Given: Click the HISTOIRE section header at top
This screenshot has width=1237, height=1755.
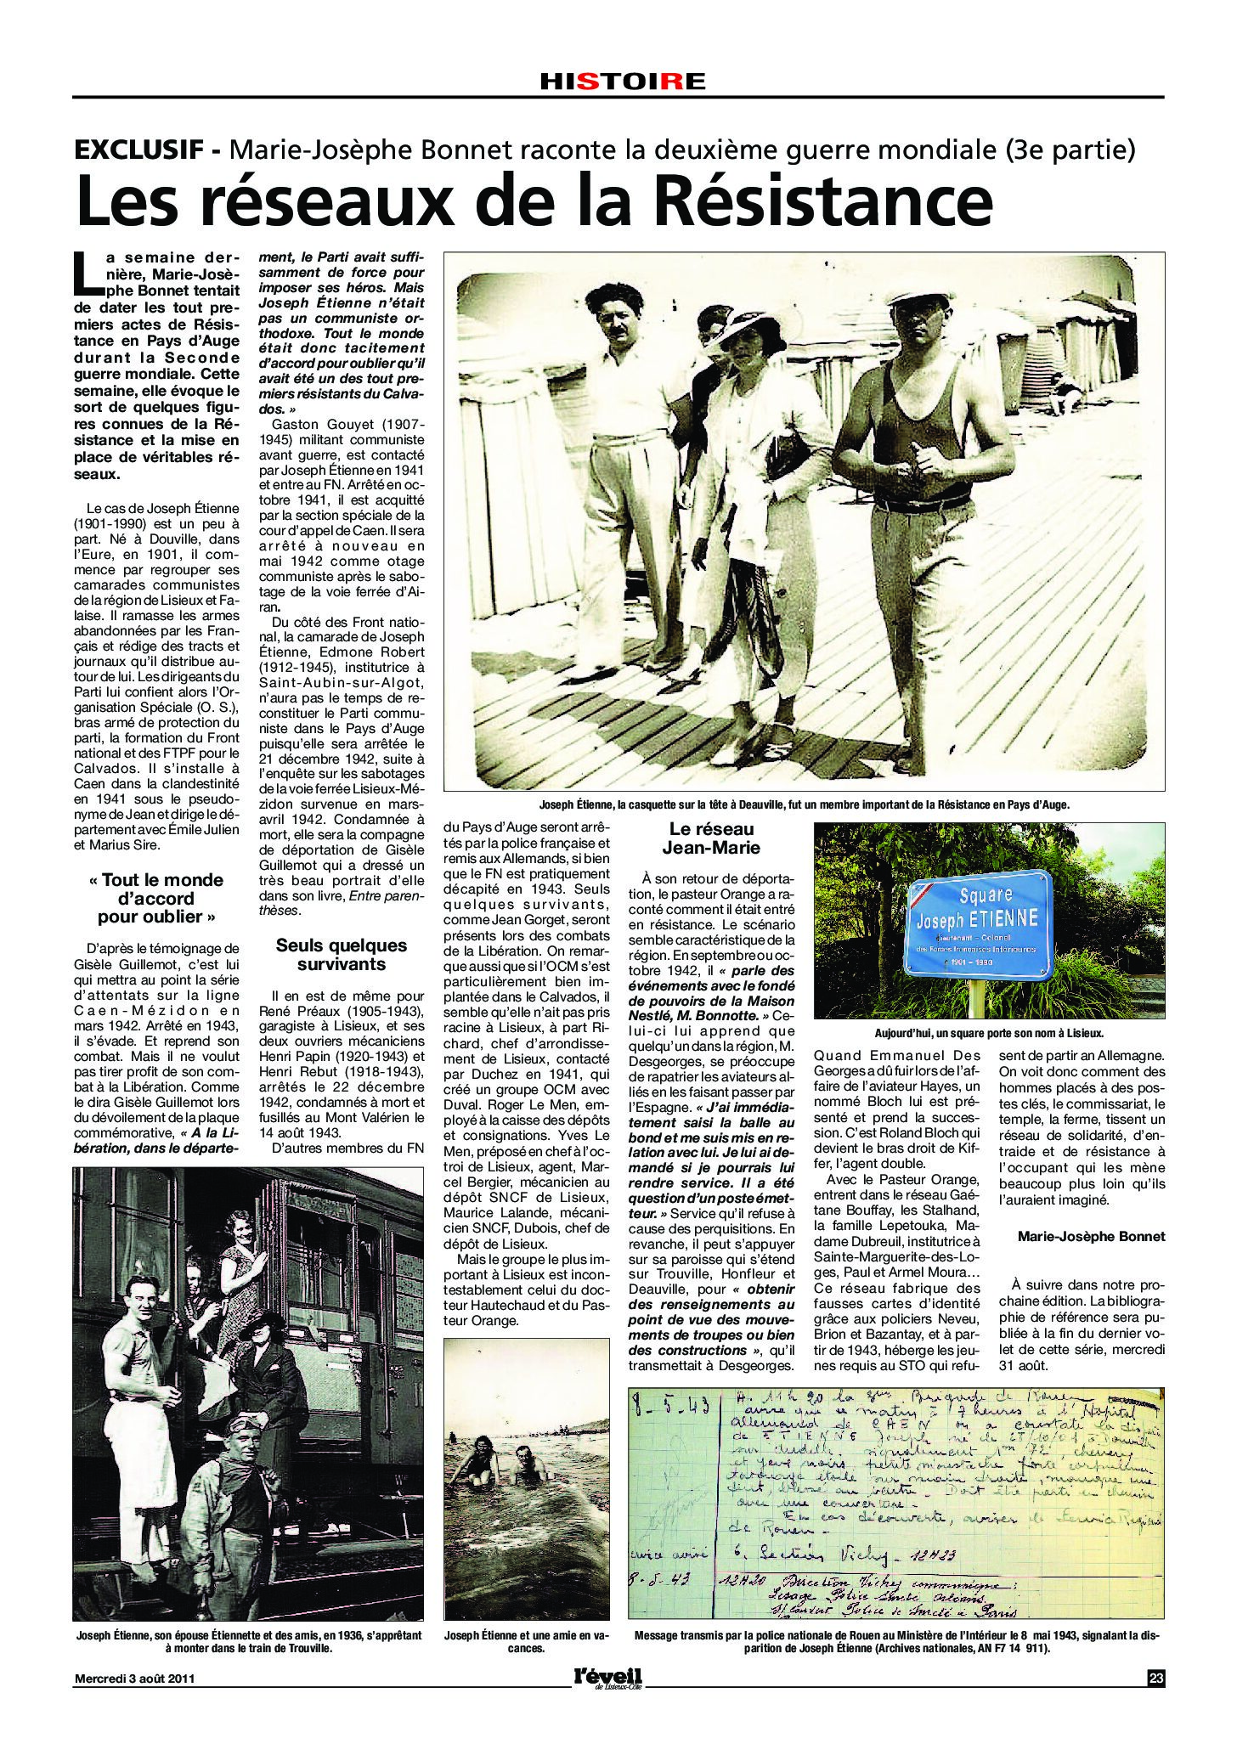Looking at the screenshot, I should pyautogui.click(x=623, y=82).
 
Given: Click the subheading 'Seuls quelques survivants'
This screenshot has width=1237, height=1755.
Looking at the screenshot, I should pyautogui.click(x=340, y=954).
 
